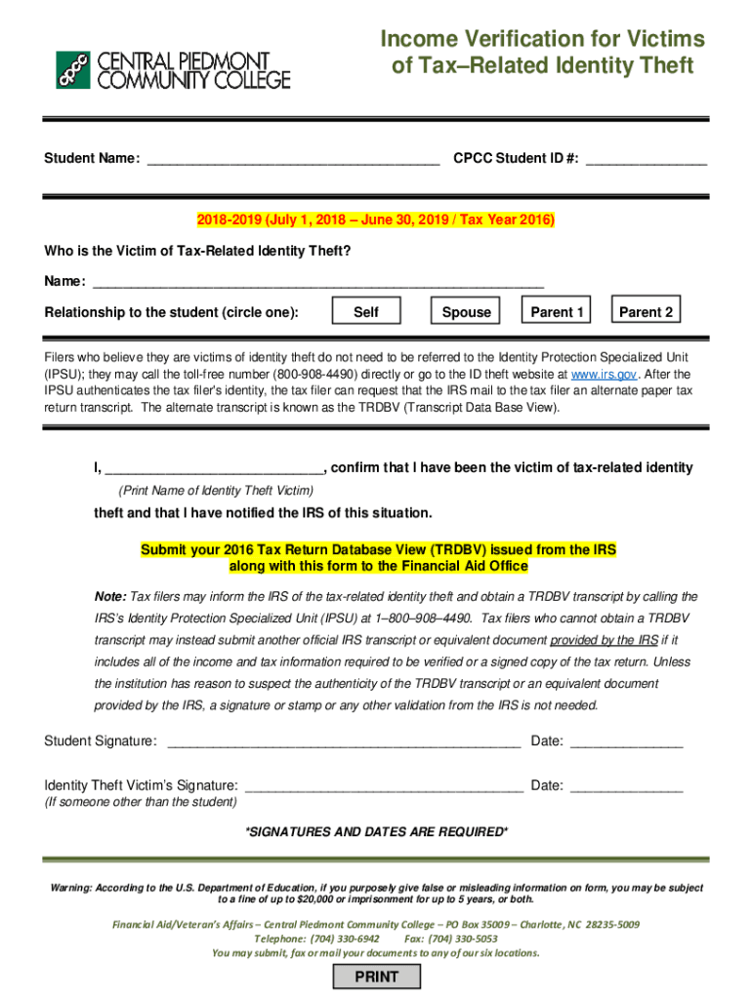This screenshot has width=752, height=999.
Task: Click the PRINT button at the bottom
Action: tap(376, 977)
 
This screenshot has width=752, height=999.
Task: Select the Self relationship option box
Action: tap(366, 312)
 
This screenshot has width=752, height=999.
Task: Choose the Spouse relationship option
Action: tap(466, 312)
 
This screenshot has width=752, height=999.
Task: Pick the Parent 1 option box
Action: tap(557, 312)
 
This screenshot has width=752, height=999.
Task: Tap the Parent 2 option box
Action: tap(646, 312)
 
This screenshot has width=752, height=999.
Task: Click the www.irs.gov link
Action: tap(604, 374)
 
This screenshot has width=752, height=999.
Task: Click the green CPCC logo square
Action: tap(73, 70)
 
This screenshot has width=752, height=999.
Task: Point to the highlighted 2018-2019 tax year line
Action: tap(375, 220)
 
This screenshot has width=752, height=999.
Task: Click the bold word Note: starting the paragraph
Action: tap(109, 596)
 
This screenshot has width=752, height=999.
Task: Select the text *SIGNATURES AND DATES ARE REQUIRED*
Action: tap(376, 832)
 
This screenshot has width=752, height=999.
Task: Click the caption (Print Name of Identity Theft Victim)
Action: tap(216, 490)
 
